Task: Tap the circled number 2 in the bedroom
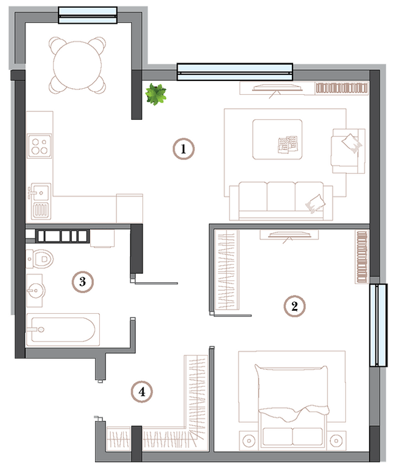point(294,305)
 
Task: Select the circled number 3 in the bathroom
point(82,282)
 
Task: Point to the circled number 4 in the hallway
point(141,391)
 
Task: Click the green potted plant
point(156,94)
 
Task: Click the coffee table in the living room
point(277,139)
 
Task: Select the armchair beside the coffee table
point(347,150)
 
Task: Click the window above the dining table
point(87,15)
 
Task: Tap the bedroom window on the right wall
point(379,325)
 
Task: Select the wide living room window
point(235,71)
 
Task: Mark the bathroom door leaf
point(157,282)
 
